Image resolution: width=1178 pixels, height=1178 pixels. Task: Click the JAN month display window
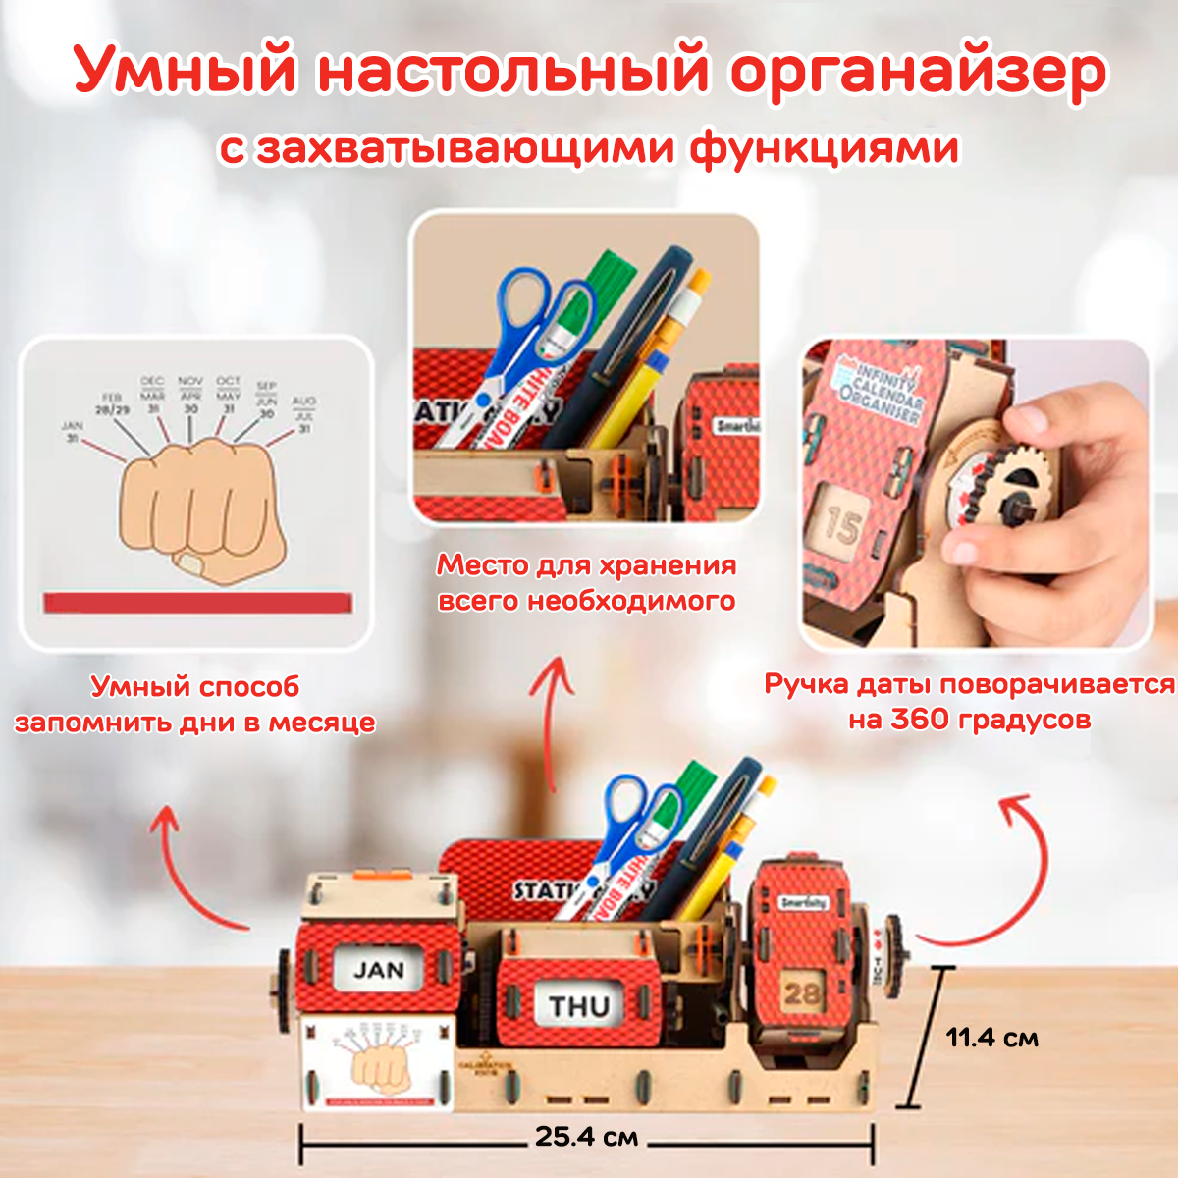coord(379,971)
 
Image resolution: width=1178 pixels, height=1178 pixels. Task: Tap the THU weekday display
coord(578,1006)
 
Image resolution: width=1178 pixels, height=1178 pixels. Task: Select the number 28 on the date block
coord(801,992)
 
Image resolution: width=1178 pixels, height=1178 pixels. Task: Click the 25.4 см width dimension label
coord(586,1137)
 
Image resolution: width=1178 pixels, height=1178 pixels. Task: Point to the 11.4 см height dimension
coord(991,1038)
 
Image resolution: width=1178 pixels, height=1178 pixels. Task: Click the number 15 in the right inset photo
coord(842,525)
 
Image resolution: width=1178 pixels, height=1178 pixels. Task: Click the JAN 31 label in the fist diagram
coord(73,433)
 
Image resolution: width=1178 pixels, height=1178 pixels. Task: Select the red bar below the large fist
coord(197,603)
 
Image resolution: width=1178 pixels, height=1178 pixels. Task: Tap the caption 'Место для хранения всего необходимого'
coord(586,583)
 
